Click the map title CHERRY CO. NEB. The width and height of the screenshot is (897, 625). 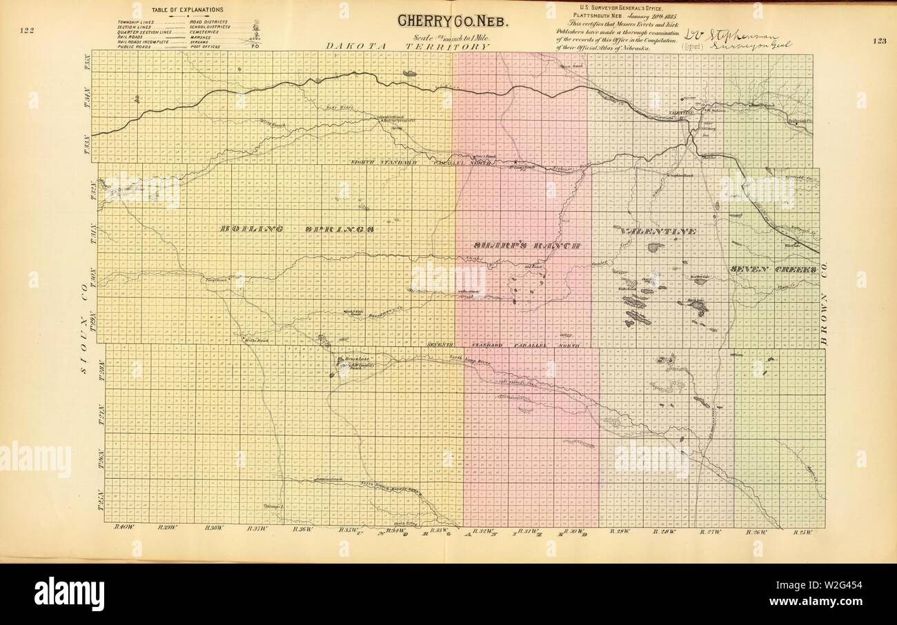tap(453, 21)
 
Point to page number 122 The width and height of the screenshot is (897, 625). tap(28, 30)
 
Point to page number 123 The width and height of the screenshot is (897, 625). tap(878, 41)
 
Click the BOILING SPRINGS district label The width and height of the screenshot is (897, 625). tap(297, 229)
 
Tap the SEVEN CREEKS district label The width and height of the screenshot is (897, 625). tap(773, 269)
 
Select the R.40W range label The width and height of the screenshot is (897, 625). tap(124, 528)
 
